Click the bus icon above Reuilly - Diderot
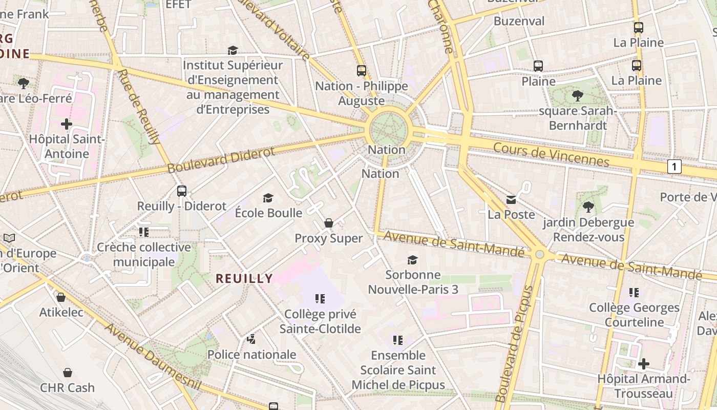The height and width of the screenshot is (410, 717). click(182, 191)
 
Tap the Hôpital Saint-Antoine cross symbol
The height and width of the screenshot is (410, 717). click(67, 124)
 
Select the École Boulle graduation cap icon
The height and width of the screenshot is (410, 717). click(268, 198)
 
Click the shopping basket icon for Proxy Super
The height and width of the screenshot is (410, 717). click(329, 223)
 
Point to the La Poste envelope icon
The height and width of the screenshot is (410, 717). click(511, 199)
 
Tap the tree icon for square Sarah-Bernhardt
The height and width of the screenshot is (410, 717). click(578, 95)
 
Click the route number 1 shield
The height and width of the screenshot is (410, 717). click(675, 166)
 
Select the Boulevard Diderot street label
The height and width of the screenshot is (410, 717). click(221, 160)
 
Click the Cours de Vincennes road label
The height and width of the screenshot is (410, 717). click(551, 154)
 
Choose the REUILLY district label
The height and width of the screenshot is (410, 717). click(244, 278)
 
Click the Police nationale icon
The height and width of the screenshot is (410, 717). click(251, 339)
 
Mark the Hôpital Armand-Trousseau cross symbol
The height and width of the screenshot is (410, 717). click(644, 364)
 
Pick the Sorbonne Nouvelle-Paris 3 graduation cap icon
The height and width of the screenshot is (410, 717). click(412, 260)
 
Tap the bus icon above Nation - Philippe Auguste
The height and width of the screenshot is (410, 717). click(362, 71)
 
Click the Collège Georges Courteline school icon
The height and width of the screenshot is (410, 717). click(634, 293)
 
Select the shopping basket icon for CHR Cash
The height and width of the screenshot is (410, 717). click(67, 373)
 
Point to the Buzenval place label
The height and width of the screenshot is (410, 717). click(519, 21)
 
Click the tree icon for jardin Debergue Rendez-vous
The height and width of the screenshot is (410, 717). click(588, 207)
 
